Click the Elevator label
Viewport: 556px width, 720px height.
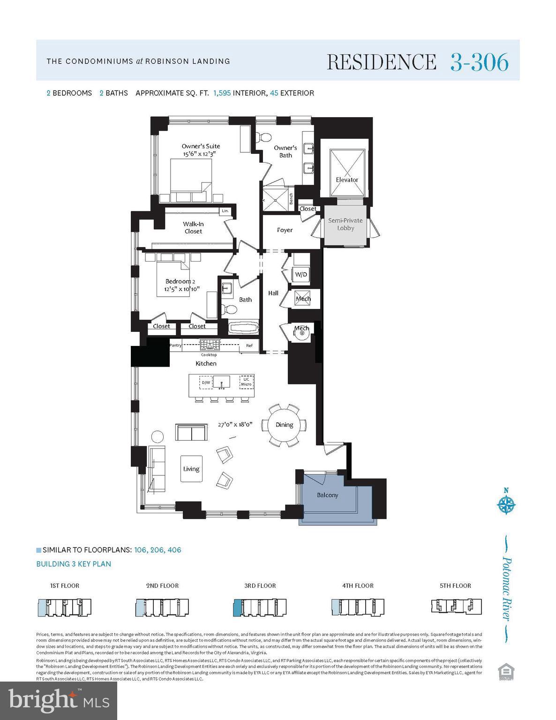pyautogui.click(x=347, y=180)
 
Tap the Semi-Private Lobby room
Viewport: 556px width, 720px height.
pyautogui.click(x=345, y=225)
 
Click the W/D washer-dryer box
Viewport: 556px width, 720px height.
pyautogui.click(x=301, y=274)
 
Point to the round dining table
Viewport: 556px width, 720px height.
pyautogui.click(x=284, y=425)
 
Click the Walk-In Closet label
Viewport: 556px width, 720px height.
pyautogui.click(x=193, y=227)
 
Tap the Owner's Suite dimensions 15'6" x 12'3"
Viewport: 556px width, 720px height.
pyautogui.click(x=201, y=154)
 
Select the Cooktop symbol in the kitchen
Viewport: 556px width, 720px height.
pyautogui.click(x=209, y=345)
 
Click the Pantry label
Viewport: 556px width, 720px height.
pyautogui.click(x=175, y=345)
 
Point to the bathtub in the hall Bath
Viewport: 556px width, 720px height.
pyautogui.click(x=243, y=328)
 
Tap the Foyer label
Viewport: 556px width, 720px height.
pyautogui.click(x=285, y=230)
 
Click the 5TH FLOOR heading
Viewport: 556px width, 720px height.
pyautogui.click(x=455, y=585)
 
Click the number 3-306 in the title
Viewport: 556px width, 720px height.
pyautogui.click(x=479, y=62)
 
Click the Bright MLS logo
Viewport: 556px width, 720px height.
pyautogui.click(x=59, y=701)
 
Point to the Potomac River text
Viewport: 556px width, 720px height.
pyautogui.click(x=506, y=588)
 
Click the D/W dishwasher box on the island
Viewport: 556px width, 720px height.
pyautogui.click(x=206, y=382)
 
